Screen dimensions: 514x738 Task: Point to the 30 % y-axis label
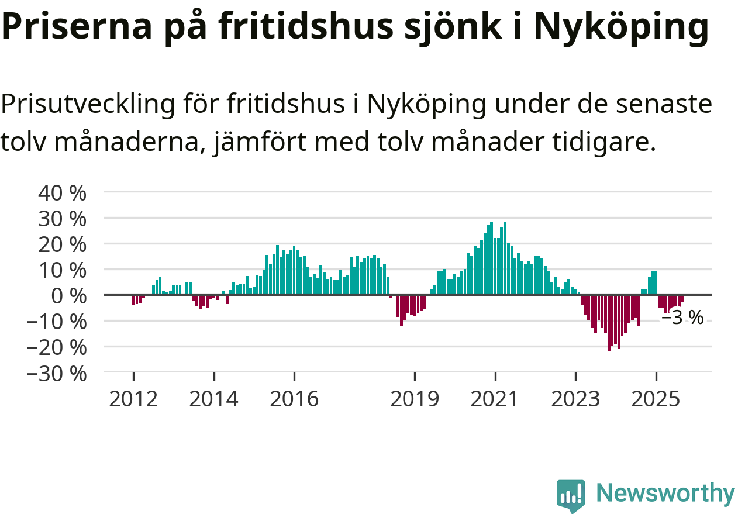point(61,218)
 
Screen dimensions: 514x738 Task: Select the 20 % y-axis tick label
point(61,244)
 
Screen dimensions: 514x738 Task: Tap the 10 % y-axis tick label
point(61,270)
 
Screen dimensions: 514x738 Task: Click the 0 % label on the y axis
point(70,295)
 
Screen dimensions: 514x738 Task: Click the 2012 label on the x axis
point(133,399)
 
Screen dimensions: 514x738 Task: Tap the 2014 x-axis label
point(214,399)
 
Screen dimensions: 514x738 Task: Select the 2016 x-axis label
point(294,399)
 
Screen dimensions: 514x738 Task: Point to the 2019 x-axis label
point(415,399)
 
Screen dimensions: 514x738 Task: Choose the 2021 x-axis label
point(495,399)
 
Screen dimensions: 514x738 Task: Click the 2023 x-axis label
point(575,399)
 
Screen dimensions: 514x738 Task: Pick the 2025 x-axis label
point(656,399)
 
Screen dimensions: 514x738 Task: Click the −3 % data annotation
point(682,318)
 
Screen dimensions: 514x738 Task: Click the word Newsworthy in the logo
point(665,494)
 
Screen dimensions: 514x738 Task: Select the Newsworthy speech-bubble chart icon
point(570,496)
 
